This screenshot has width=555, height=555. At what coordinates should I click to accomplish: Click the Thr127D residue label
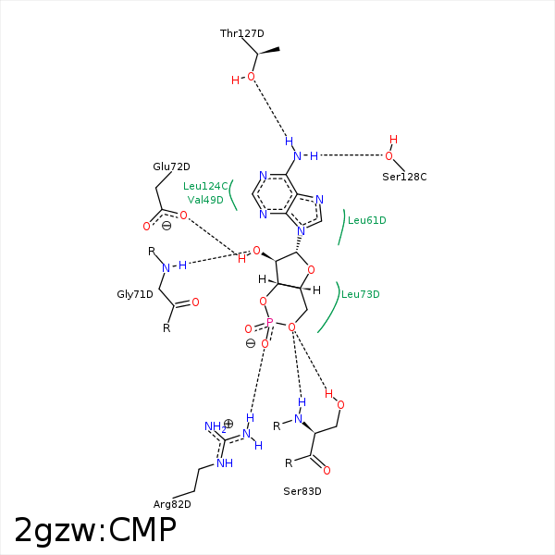coord(241,33)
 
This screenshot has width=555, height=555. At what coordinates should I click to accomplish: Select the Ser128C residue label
coord(404,177)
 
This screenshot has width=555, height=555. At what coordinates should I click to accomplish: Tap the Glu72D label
coord(171,166)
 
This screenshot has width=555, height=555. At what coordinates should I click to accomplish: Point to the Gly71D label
coord(135,294)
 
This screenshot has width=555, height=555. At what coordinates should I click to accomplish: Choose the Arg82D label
coord(172,504)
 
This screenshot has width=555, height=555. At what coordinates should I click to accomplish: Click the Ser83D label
coord(302,491)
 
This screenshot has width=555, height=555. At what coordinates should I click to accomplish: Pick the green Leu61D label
coord(366,220)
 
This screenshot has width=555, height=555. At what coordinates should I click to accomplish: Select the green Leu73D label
coord(361,294)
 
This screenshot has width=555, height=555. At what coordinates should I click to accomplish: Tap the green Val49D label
coord(205,200)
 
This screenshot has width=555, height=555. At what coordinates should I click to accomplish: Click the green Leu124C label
coord(205,186)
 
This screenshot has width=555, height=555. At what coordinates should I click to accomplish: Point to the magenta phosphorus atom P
coord(270,322)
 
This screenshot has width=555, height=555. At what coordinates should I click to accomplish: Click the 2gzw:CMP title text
coord(95,530)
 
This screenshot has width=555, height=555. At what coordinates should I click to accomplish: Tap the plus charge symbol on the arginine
coord(228,424)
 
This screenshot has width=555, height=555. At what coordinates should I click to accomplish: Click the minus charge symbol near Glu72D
coord(166,226)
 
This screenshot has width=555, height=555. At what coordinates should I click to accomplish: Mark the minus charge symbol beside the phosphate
coord(251,343)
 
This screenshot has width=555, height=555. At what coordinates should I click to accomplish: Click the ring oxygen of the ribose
coord(311,270)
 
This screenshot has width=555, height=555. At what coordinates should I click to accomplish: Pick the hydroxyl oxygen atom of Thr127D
coord(251,77)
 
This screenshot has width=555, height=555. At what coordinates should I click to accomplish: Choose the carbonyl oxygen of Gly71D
coord(195,302)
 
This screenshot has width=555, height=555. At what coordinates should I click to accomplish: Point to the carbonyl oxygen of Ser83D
coord(327,471)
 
